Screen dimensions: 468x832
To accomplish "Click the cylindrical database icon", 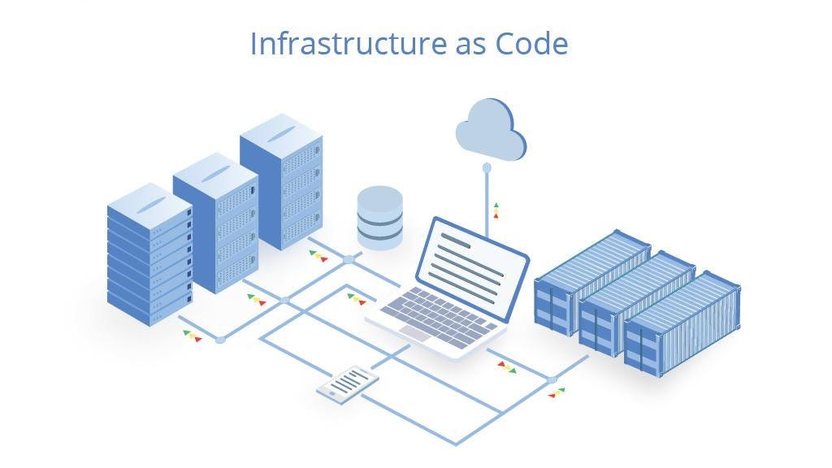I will pyautogui.click(x=379, y=217).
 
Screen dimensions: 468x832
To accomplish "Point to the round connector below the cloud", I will pyautogui.click(x=487, y=168).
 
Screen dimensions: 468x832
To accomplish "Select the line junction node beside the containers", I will pyautogui.click(x=552, y=379).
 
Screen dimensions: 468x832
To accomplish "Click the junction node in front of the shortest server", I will pyautogui.click(x=220, y=339).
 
